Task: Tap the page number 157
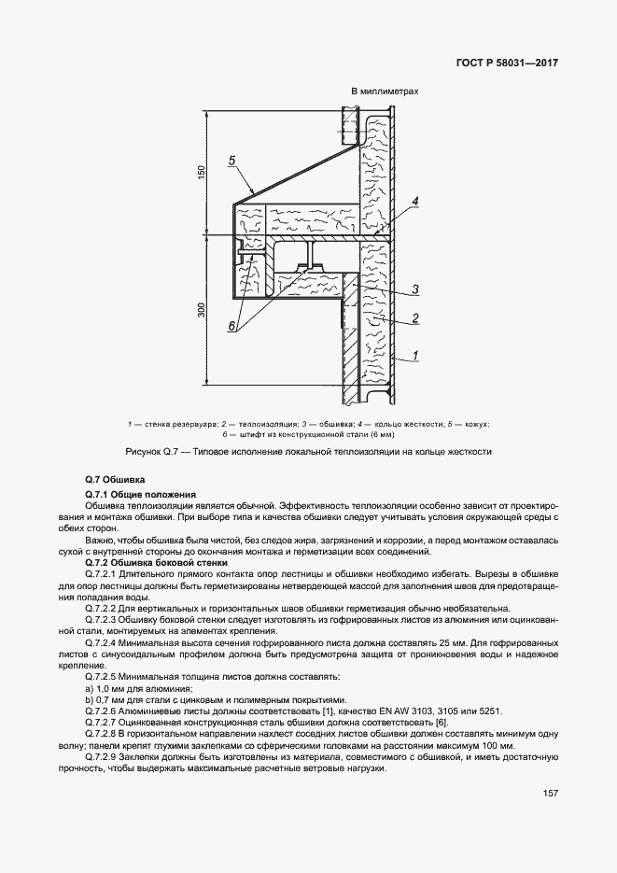click(551, 794)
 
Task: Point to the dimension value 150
click(200, 173)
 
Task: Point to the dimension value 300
click(200, 310)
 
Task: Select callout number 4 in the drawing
click(414, 202)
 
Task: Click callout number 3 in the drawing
click(414, 289)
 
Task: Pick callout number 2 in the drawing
click(414, 318)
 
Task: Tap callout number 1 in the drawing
click(414, 355)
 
